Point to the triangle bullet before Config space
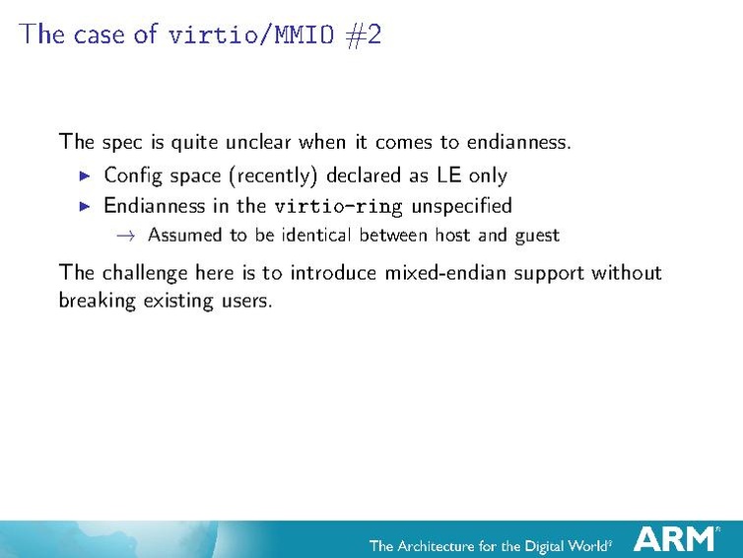[85, 175]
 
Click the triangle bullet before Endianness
[85, 206]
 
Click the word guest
[536, 236]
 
